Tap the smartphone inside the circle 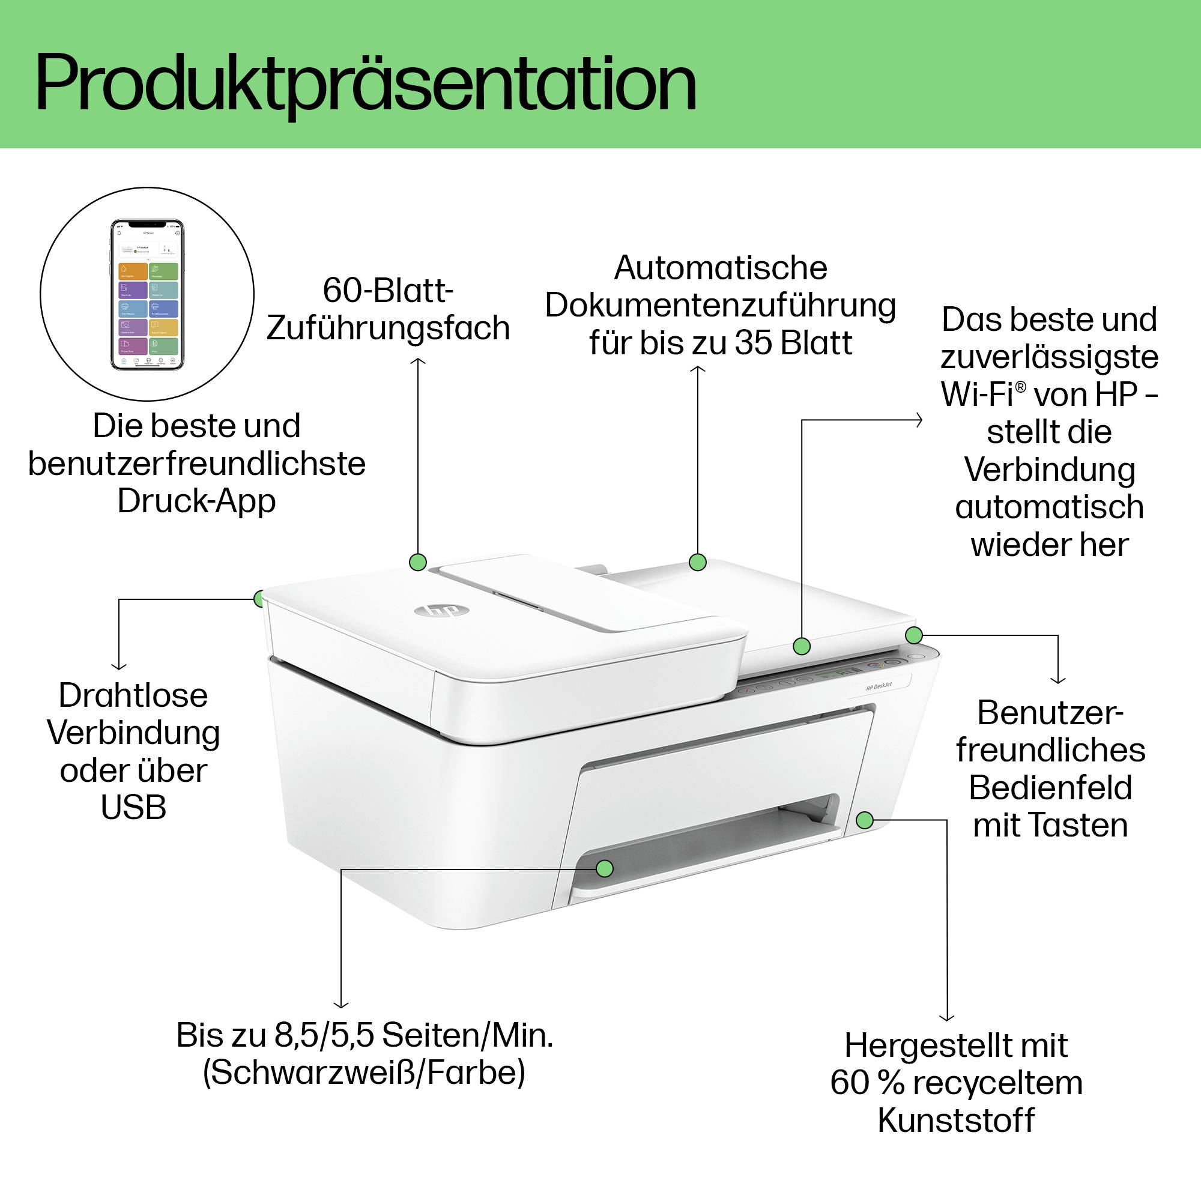tap(147, 294)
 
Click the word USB tap(134, 808)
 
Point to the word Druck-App tap(196, 501)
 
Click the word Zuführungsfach tap(388, 328)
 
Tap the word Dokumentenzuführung tap(720, 306)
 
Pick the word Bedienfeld tap(1050, 788)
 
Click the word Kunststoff tap(956, 1120)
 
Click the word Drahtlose tap(133, 695)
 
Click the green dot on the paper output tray tap(604, 868)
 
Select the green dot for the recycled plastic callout tap(865, 820)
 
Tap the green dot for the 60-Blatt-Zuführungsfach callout tap(418, 563)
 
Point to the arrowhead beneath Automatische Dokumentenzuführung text tap(697, 369)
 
